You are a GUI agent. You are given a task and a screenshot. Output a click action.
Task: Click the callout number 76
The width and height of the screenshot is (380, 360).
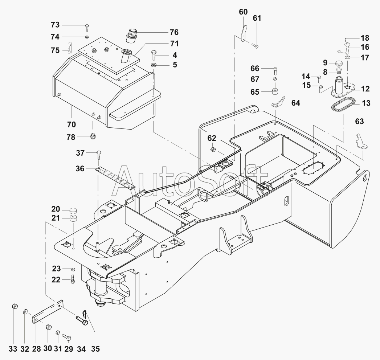[x=174, y=32]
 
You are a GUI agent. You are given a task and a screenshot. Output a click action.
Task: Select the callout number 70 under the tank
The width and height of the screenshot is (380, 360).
[x=71, y=124]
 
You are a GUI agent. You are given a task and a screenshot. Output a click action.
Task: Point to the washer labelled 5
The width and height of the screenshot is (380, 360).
[x=154, y=65]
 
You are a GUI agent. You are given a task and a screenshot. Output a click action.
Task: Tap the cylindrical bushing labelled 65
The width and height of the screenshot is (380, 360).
[x=275, y=91]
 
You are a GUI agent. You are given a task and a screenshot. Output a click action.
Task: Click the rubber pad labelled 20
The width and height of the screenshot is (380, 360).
[x=73, y=210]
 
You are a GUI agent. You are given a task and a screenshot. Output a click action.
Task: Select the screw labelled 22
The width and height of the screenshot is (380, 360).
[x=73, y=279]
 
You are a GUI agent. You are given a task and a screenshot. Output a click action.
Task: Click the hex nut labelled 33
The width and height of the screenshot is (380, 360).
[x=14, y=306]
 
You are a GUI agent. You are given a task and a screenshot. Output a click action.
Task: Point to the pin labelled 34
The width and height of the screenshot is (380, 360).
[x=82, y=320]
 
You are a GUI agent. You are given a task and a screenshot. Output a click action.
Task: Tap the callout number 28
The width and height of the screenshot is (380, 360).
[x=36, y=349]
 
